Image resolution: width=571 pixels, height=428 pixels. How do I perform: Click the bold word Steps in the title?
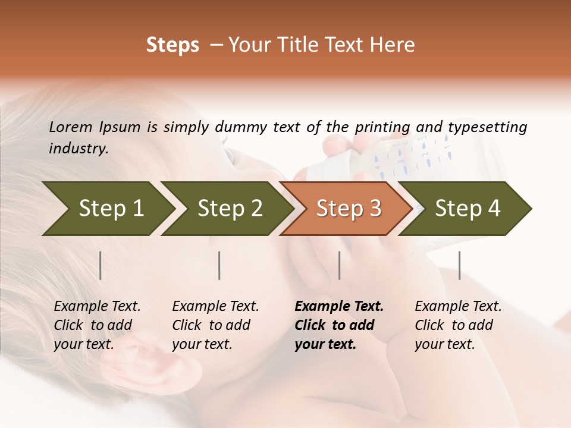[x=172, y=45]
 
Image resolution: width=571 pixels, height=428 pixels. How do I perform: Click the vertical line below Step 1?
[x=101, y=265]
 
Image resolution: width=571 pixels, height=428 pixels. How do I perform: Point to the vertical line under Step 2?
[x=219, y=265]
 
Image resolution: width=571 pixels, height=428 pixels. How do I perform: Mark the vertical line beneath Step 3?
[x=340, y=265]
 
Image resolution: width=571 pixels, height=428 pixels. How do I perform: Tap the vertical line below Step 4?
[x=460, y=265]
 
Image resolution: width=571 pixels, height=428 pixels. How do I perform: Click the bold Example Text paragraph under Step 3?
[x=339, y=325]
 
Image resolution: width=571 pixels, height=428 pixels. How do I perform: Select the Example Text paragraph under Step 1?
[x=97, y=325]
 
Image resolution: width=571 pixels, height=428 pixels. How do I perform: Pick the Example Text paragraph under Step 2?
[x=215, y=325]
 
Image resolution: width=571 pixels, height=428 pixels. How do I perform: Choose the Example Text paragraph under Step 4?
[x=458, y=325]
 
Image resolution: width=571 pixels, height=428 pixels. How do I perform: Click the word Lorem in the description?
[x=71, y=127]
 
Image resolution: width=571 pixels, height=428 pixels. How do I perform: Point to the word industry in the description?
[x=79, y=148]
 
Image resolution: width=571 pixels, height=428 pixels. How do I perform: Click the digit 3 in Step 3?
[x=375, y=209]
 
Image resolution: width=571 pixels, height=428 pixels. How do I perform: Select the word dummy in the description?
[x=241, y=127]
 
